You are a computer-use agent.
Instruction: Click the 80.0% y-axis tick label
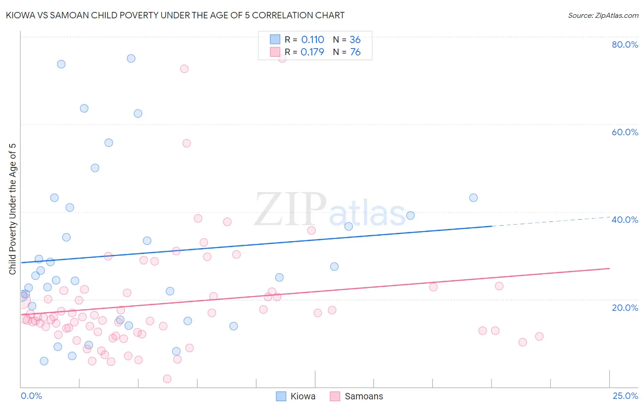pyautogui.click(x=625, y=44)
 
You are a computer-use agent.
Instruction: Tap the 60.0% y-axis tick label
pyautogui.click(x=625, y=132)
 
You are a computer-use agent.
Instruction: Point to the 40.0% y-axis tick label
pyautogui.click(x=625, y=220)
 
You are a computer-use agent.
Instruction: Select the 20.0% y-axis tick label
pyautogui.click(x=625, y=307)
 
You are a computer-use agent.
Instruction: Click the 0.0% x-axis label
pyautogui.click(x=31, y=396)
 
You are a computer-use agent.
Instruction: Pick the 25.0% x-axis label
pyautogui.click(x=625, y=396)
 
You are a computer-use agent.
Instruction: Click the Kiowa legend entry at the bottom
pyautogui.click(x=303, y=396)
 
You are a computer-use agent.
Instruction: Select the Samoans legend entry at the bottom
pyautogui.click(x=364, y=396)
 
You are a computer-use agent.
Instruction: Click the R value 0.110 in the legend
pyautogui.click(x=312, y=40)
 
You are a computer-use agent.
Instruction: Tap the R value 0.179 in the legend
pyautogui.click(x=312, y=52)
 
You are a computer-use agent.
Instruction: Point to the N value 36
pyautogui.click(x=355, y=40)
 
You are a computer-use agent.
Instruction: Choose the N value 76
pyautogui.click(x=355, y=52)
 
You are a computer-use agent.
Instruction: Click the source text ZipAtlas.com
pyautogui.click(x=603, y=16)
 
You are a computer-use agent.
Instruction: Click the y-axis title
pyautogui.click(x=13, y=209)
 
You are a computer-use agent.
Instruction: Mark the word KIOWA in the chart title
pyautogui.click(x=20, y=15)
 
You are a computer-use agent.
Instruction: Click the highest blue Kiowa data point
pyautogui.click(x=131, y=58)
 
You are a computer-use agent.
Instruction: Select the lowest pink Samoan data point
pyautogui.click(x=167, y=379)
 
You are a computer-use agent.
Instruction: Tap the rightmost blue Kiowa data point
pyautogui.click(x=474, y=198)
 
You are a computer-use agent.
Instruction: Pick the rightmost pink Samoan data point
pyautogui.click(x=539, y=337)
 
